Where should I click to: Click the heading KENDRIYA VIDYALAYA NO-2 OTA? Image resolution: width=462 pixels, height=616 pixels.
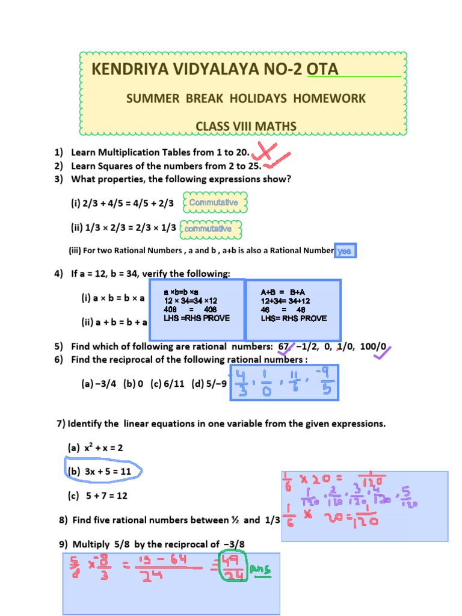pyautogui.click(x=215, y=70)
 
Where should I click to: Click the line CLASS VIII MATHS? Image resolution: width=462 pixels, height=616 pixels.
pyautogui.click(x=246, y=126)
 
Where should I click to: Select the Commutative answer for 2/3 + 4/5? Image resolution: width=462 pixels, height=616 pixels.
pyautogui.click(x=213, y=203)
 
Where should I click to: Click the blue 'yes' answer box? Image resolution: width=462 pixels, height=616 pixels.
pyautogui.click(x=345, y=251)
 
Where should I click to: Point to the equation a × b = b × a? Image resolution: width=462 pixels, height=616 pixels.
pyautogui.click(x=113, y=298)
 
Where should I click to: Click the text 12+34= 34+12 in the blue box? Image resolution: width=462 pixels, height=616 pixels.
pyautogui.click(x=285, y=301)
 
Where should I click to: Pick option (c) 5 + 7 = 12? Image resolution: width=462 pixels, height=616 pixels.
pyautogui.click(x=97, y=496)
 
